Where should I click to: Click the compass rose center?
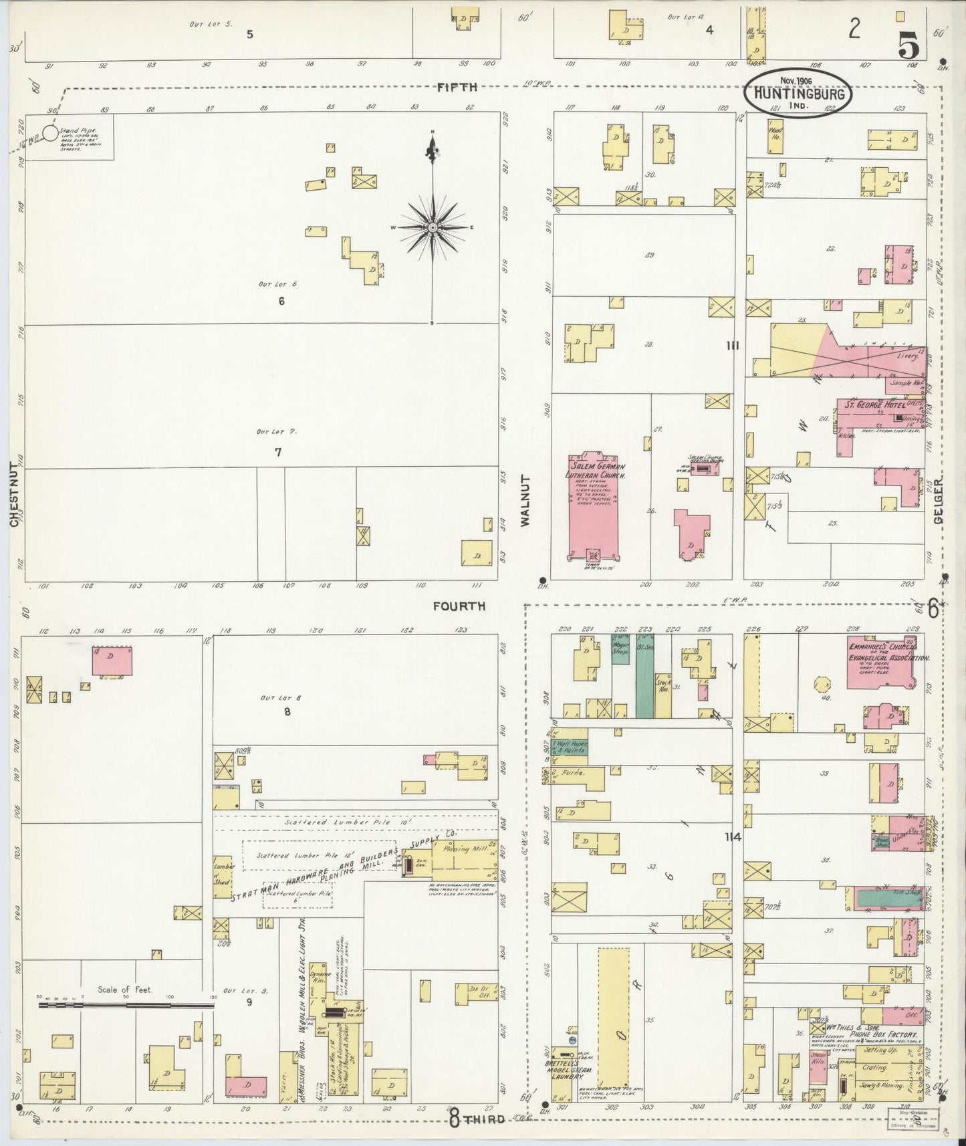[x=433, y=227]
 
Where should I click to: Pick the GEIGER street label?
[x=939, y=501]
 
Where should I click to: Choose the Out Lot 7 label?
[x=276, y=432]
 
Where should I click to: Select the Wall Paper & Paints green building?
[x=570, y=746]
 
